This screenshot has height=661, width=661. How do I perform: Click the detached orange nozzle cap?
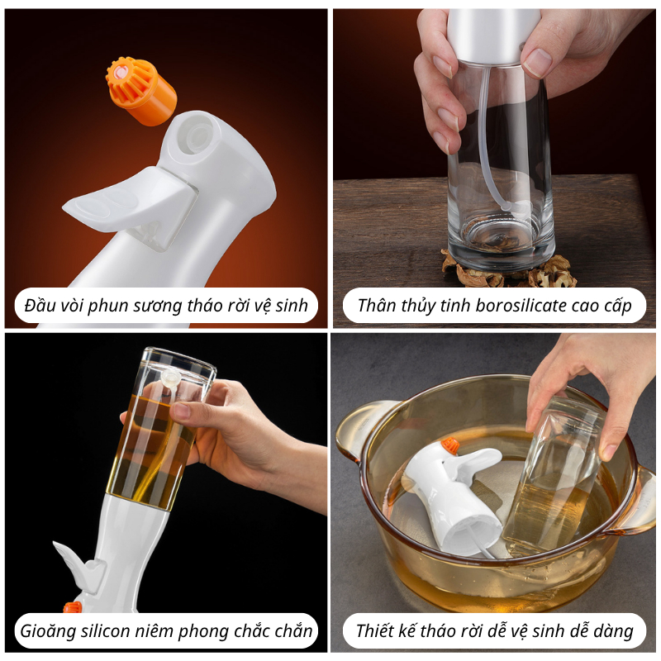[x=140, y=91]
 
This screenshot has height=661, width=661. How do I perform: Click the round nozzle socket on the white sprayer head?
[x=197, y=135]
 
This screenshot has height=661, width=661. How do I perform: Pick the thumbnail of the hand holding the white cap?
[x=494, y=168]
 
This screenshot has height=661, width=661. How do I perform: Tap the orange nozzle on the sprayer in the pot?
[x=450, y=445]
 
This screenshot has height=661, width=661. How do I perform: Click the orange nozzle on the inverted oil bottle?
[x=72, y=607]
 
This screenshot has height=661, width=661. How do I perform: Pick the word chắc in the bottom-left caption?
[x=251, y=631]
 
